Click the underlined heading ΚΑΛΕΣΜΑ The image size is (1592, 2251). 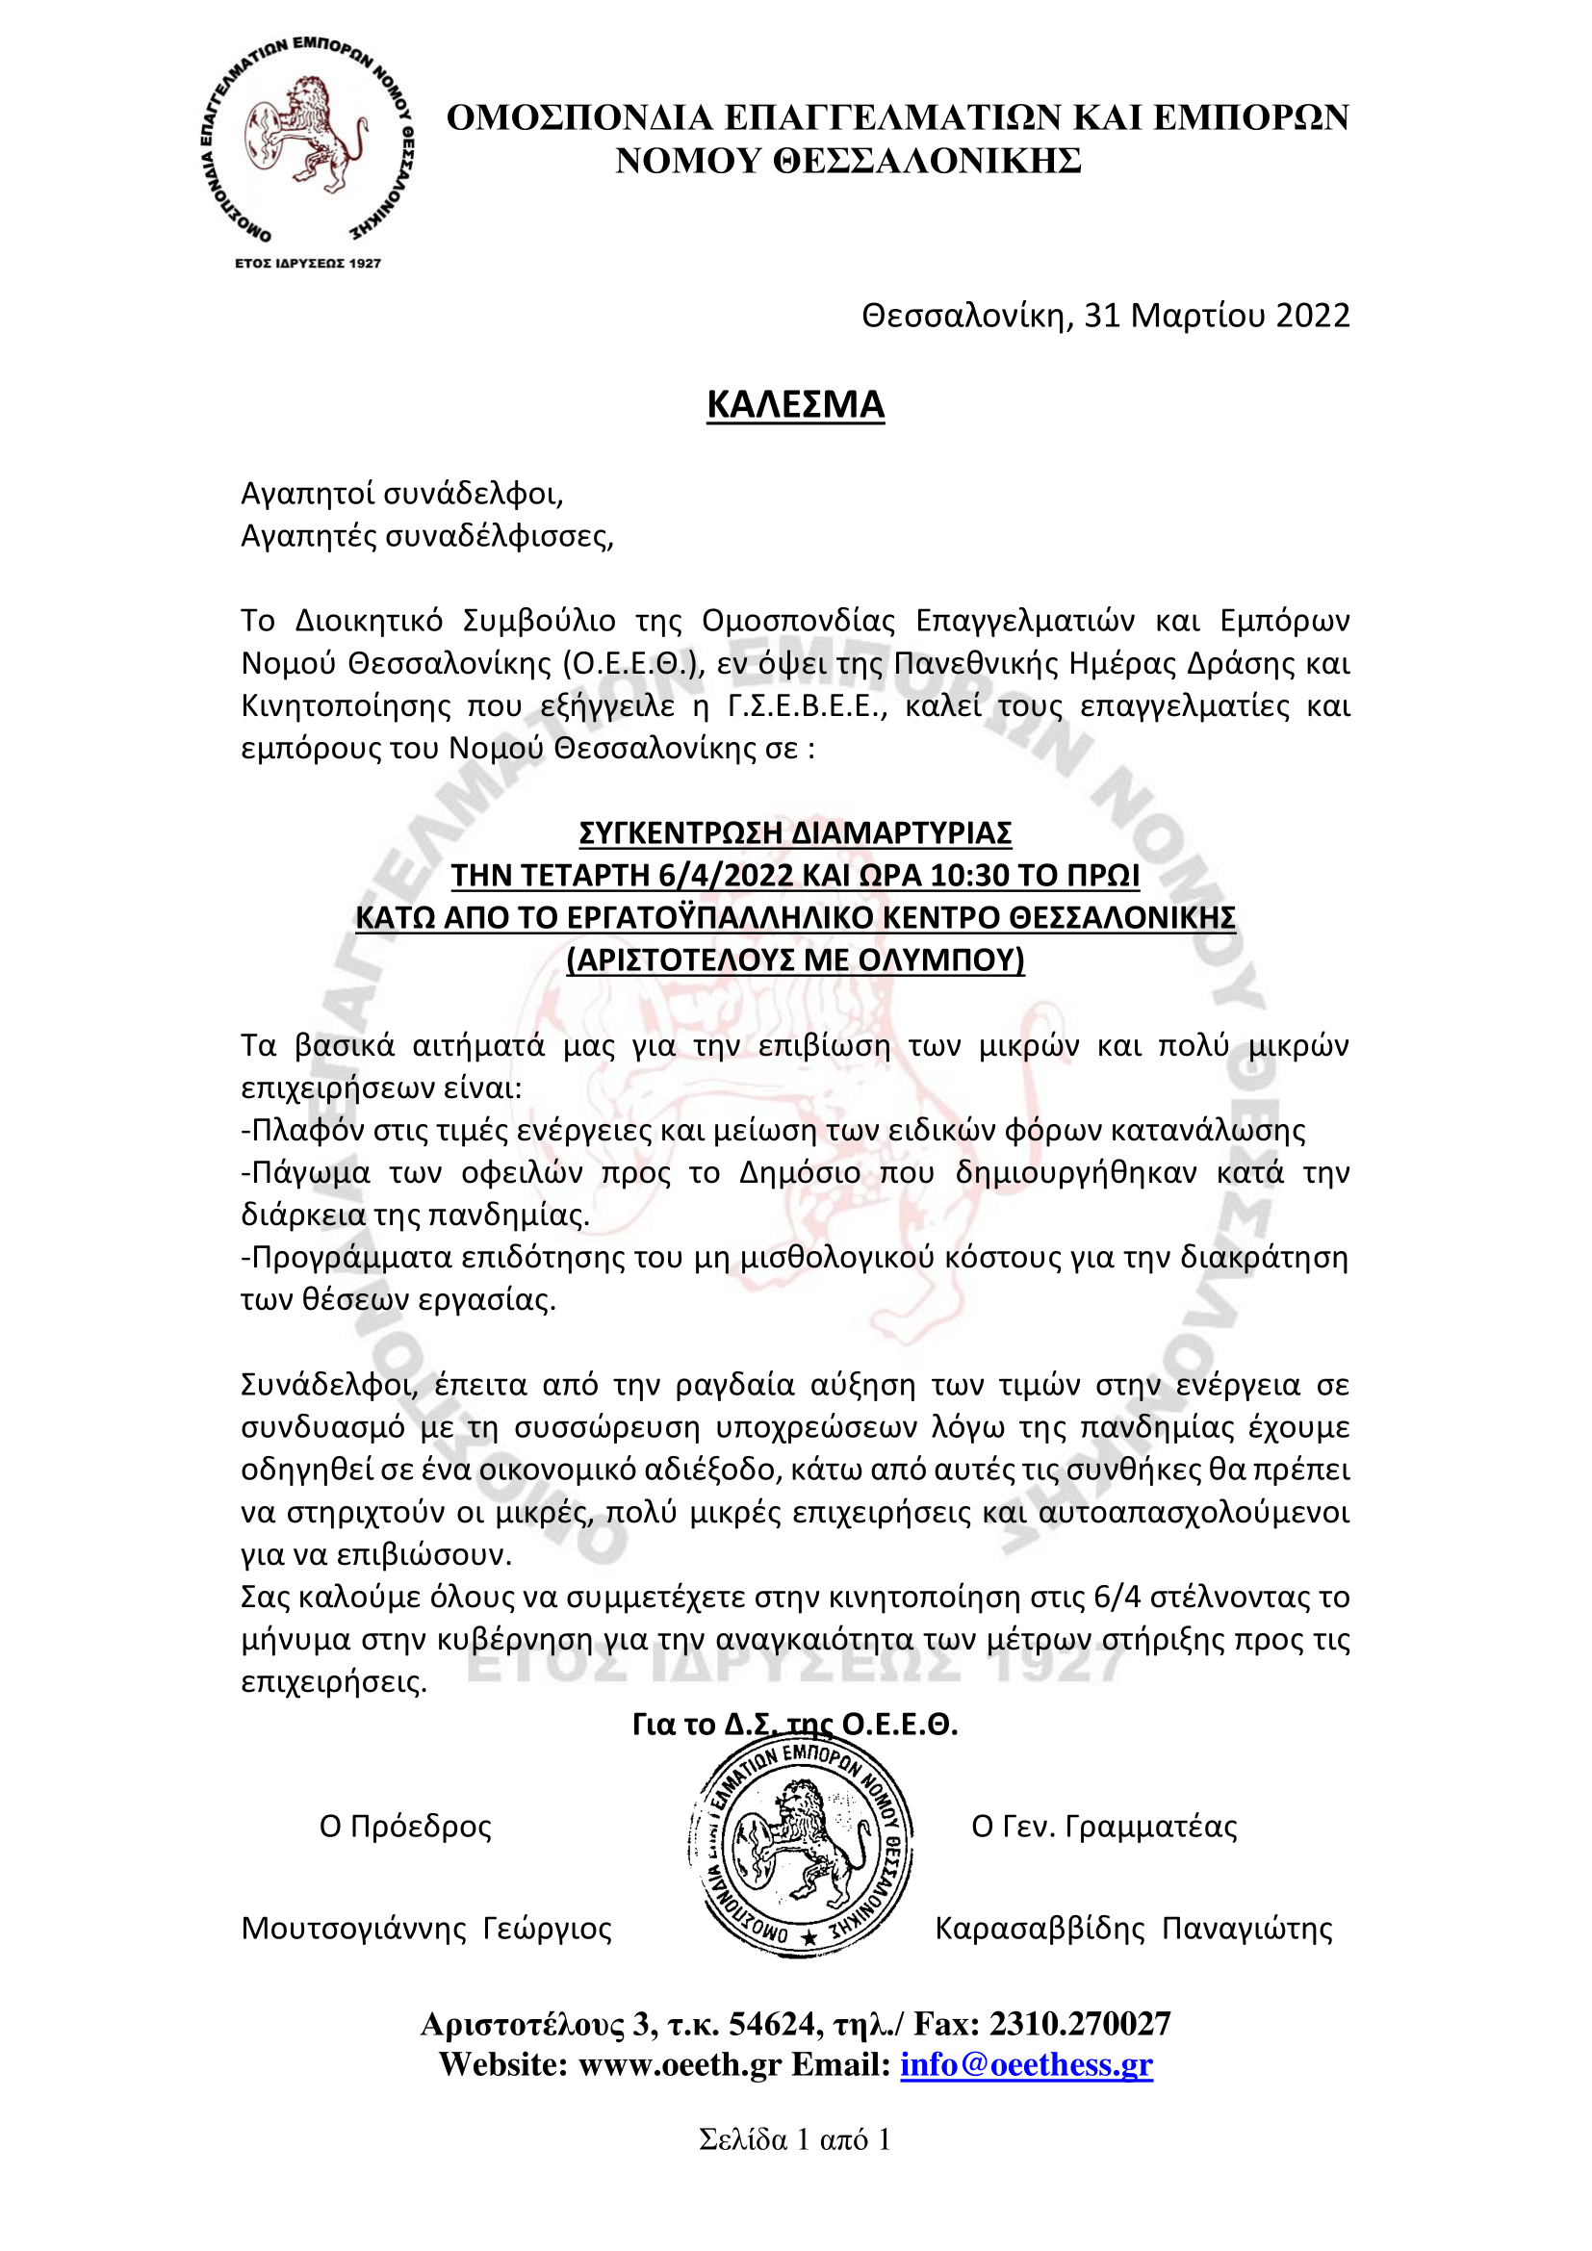pos(795,404)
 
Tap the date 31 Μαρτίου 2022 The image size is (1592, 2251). pos(1216,315)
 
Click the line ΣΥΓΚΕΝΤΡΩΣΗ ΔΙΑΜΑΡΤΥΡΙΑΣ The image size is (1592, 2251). pos(795,832)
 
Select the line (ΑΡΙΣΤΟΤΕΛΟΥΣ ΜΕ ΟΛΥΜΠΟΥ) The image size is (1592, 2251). pos(795,959)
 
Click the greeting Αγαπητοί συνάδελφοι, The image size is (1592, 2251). pos(402,493)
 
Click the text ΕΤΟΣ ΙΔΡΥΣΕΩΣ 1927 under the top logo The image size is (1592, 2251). pos(308,263)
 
